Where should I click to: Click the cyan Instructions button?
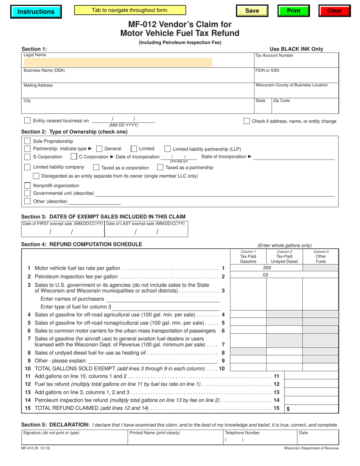click(36, 11)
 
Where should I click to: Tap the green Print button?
click(293, 11)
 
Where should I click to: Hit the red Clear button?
click(334, 11)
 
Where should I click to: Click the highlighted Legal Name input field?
click(117, 63)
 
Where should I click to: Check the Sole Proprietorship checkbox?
click(27, 141)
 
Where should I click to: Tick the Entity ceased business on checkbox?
click(27, 120)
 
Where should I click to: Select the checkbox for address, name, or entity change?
click(247, 121)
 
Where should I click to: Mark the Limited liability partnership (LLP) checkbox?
click(167, 149)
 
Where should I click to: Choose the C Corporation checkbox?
click(74, 156)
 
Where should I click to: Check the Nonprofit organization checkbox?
click(27, 186)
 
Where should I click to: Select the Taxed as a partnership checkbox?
click(160, 167)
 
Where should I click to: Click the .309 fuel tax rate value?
click(266, 268)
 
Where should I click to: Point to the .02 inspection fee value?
click(265, 275)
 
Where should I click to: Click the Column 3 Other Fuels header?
click(321, 256)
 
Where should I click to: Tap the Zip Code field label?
click(282, 101)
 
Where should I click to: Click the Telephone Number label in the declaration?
click(243, 433)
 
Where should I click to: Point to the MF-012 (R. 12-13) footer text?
click(36, 448)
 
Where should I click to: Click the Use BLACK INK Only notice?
click(296, 49)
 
